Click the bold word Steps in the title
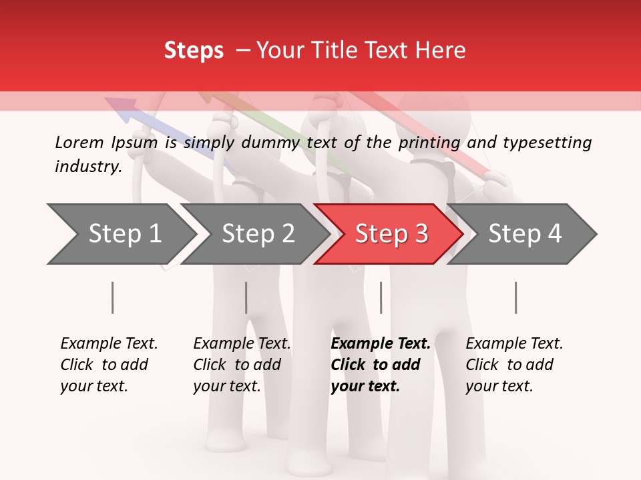(x=194, y=51)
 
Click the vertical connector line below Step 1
(x=112, y=297)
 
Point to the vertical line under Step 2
(x=246, y=297)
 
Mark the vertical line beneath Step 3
(x=381, y=297)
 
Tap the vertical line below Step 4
(x=515, y=297)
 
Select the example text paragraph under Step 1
(x=109, y=365)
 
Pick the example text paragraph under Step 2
(x=242, y=365)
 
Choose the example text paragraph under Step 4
(x=514, y=365)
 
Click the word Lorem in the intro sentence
(x=79, y=142)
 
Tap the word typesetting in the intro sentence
(x=547, y=142)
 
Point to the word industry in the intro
(x=88, y=166)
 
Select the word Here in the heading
(x=440, y=51)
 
